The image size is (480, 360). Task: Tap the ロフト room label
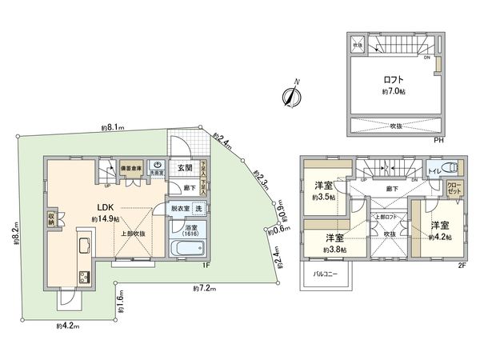(x=392, y=79)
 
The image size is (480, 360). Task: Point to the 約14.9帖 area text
(x=105, y=218)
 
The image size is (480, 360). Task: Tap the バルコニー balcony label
(x=322, y=273)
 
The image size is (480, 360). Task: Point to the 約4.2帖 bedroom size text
(x=439, y=237)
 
